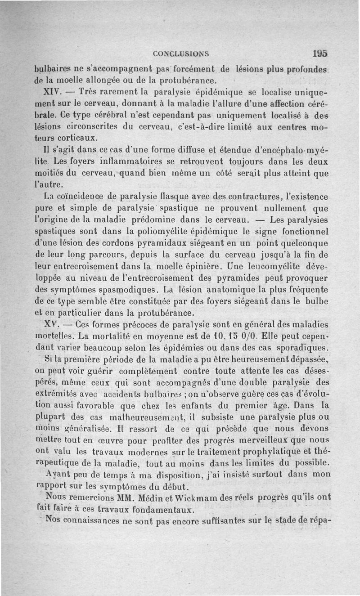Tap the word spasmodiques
click(117, 290)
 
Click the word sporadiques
click(304, 347)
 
